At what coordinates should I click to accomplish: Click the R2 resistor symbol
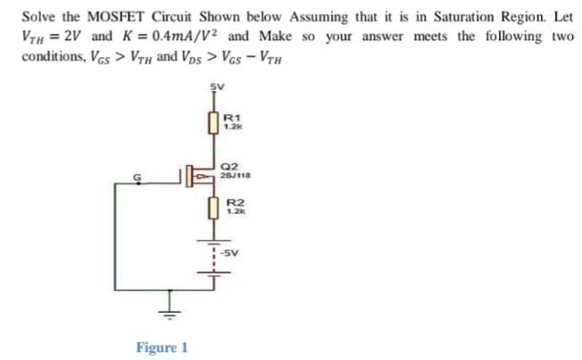[x=213, y=209]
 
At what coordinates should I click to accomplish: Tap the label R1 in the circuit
[x=230, y=117]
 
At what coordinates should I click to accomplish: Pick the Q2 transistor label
[x=230, y=167]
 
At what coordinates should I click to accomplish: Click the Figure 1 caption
[x=162, y=347]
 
